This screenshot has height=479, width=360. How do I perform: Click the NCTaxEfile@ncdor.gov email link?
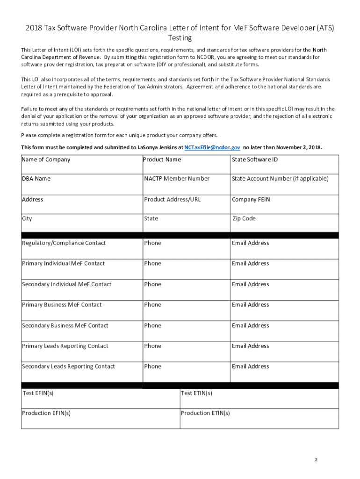212,147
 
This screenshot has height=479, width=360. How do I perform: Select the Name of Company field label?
46,160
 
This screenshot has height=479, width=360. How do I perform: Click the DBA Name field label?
36,179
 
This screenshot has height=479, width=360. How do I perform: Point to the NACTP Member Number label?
177,179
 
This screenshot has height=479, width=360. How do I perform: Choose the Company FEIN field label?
251,199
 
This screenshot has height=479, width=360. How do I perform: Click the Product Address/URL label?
173,199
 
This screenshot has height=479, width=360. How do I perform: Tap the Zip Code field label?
244,218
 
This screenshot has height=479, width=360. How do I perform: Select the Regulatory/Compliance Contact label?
64,243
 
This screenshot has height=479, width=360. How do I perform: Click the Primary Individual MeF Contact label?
63,263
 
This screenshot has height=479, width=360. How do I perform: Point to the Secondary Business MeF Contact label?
65,326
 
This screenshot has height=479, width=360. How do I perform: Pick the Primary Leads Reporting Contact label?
65,346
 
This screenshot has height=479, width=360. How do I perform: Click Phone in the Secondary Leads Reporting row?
152,366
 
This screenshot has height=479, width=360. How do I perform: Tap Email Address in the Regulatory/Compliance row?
251,243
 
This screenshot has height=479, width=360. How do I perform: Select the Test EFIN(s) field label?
38,393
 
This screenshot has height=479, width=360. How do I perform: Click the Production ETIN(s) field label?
205,413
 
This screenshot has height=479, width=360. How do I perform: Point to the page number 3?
316,460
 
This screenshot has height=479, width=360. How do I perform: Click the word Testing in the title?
180,38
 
